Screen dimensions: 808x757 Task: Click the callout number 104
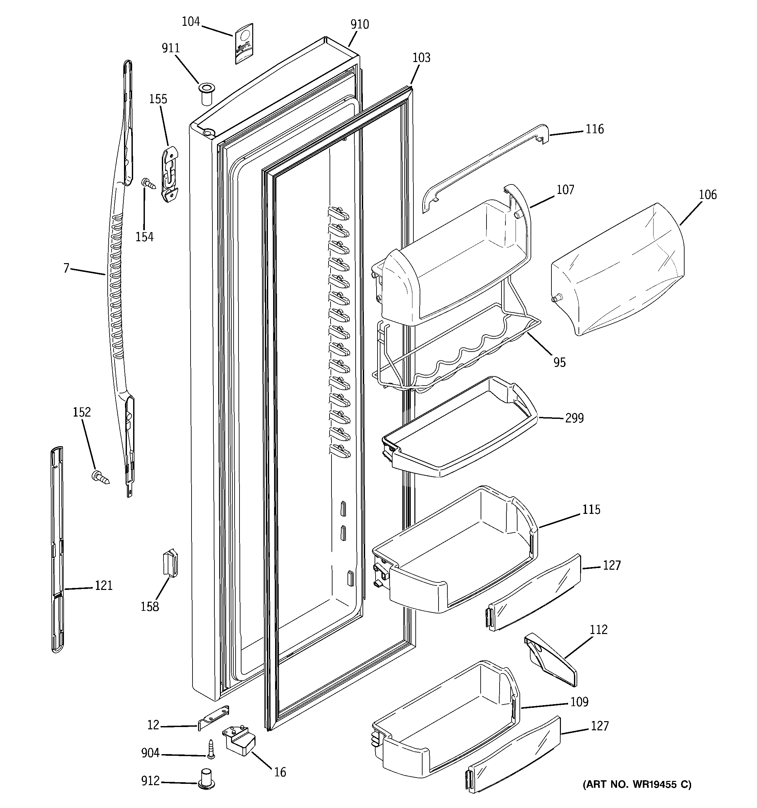coord(191,22)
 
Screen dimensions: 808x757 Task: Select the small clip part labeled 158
coord(171,562)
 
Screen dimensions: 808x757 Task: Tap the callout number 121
coord(104,586)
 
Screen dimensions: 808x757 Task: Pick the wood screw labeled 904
coord(210,749)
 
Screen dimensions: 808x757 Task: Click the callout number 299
coord(574,418)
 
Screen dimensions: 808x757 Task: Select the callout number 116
coord(595,129)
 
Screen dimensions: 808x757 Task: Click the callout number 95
coord(560,362)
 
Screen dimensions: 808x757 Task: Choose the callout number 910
coord(360,24)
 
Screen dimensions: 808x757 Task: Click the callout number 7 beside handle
coord(67,268)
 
